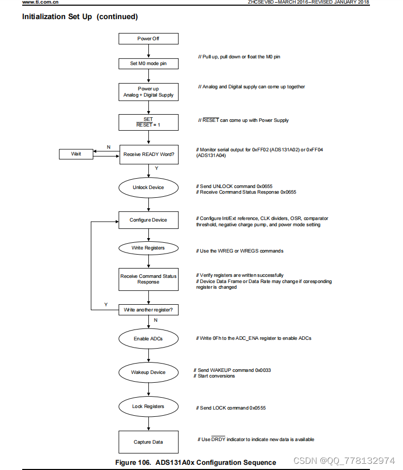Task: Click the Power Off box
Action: [x=148, y=39]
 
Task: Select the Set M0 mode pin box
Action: [x=148, y=64]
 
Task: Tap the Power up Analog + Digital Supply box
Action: [x=148, y=92]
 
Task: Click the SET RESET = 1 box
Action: [x=148, y=122]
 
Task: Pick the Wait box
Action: [x=76, y=154]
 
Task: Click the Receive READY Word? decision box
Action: [x=148, y=154]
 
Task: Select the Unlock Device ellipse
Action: [x=148, y=187]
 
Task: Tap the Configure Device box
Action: [x=148, y=220]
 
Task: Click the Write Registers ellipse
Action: [x=148, y=248]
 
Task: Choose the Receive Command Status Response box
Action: [x=148, y=279]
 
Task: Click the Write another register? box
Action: [x=148, y=310]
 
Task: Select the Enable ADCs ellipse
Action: [x=148, y=339]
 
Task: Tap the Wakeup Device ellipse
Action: [x=148, y=372]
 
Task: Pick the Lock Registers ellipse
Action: [x=148, y=406]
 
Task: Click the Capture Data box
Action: [x=148, y=442]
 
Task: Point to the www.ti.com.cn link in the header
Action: [x=40, y=3]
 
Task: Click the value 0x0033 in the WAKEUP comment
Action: [x=263, y=370]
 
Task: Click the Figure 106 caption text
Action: [x=195, y=462]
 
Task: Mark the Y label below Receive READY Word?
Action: [x=156, y=168]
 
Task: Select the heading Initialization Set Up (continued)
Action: [x=80, y=17]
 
